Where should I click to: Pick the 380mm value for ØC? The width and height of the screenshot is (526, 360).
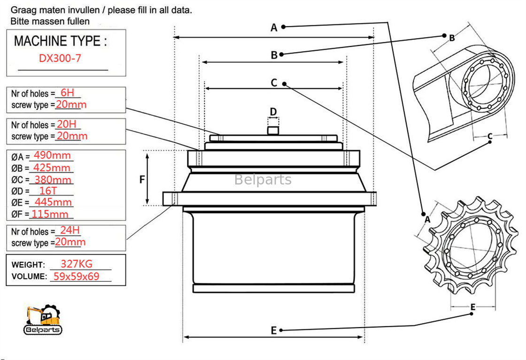[x=53, y=179]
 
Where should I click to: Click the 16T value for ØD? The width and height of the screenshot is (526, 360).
[x=48, y=191]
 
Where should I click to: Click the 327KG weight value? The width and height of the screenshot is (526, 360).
[x=77, y=264]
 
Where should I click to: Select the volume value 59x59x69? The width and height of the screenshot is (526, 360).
[x=76, y=276]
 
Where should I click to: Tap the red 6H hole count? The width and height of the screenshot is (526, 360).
[x=67, y=93]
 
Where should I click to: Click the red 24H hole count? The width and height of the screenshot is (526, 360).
[x=68, y=230]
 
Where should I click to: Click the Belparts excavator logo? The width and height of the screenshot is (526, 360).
[x=43, y=320]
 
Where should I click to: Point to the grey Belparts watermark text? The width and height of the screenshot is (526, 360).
[x=263, y=180]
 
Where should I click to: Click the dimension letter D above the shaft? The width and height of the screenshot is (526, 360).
[x=273, y=112]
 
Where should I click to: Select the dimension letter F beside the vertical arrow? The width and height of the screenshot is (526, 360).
[x=142, y=179]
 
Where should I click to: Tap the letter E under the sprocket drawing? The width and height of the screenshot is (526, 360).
[x=473, y=307]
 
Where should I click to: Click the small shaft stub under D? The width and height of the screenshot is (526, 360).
[x=273, y=129]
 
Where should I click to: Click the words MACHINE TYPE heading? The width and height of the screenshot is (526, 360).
[x=60, y=41]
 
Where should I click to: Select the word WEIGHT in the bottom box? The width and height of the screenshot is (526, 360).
[x=28, y=265]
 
